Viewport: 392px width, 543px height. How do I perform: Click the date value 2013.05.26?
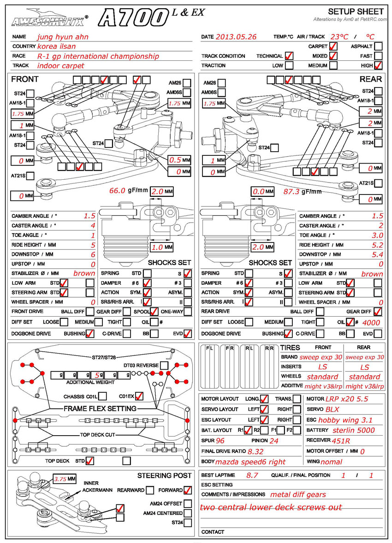(236, 36)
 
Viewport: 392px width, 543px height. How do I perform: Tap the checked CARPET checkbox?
(333, 46)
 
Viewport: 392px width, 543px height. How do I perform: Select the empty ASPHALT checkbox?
(379, 46)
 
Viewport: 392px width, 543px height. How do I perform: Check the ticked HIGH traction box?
(379, 65)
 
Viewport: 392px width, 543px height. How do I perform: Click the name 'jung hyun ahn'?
(63, 36)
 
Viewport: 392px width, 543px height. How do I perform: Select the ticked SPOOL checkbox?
(154, 312)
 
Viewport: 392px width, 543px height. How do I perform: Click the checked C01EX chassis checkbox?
(139, 396)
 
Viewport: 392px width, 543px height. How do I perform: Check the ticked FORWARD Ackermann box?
(187, 490)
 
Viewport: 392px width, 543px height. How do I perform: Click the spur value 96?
(220, 441)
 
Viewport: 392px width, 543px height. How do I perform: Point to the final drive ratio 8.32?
(256, 452)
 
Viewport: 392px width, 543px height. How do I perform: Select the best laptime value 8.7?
(252, 475)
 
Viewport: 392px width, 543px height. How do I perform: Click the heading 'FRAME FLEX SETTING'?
(100, 408)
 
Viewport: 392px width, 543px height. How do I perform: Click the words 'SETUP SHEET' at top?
(356, 12)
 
